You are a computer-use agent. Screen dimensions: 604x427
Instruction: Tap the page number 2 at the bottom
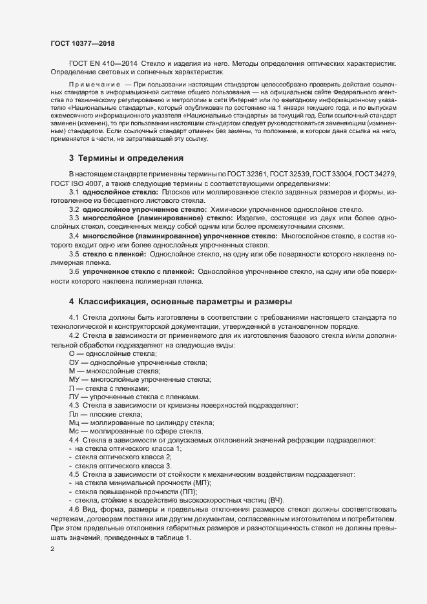[52, 549]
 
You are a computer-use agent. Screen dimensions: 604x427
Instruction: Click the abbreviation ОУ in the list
[74, 363]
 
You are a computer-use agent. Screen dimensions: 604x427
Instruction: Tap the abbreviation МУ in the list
[74, 380]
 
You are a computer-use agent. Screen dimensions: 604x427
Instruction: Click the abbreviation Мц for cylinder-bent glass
[74, 422]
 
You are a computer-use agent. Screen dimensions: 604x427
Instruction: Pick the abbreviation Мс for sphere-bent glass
[74, 430]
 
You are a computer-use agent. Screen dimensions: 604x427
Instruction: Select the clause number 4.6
[74, 510]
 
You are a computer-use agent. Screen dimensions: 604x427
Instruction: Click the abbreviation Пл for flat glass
[73, 413]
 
